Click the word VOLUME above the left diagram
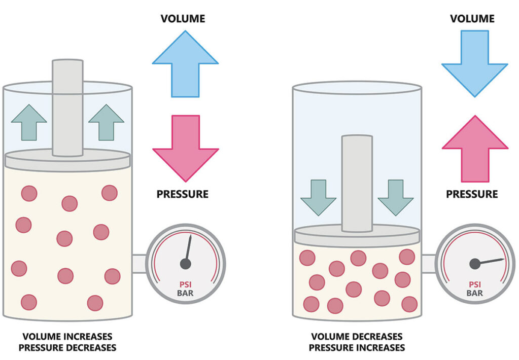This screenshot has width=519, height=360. pos(183,19)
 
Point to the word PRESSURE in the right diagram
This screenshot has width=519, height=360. pos(472,194)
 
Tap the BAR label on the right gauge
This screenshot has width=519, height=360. pos(475,293)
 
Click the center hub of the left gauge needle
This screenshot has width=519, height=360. pos(186,264)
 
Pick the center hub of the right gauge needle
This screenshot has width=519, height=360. pos(475,263)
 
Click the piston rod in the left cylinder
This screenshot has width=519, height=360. pos(67,106)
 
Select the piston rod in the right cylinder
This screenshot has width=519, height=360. pos(357,180)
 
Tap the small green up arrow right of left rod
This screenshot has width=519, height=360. pos(106,122)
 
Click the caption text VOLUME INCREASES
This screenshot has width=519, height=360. pos(67,337)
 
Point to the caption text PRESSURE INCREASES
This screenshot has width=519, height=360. pos(357,348)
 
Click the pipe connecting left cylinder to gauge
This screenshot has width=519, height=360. pos(139,263)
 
